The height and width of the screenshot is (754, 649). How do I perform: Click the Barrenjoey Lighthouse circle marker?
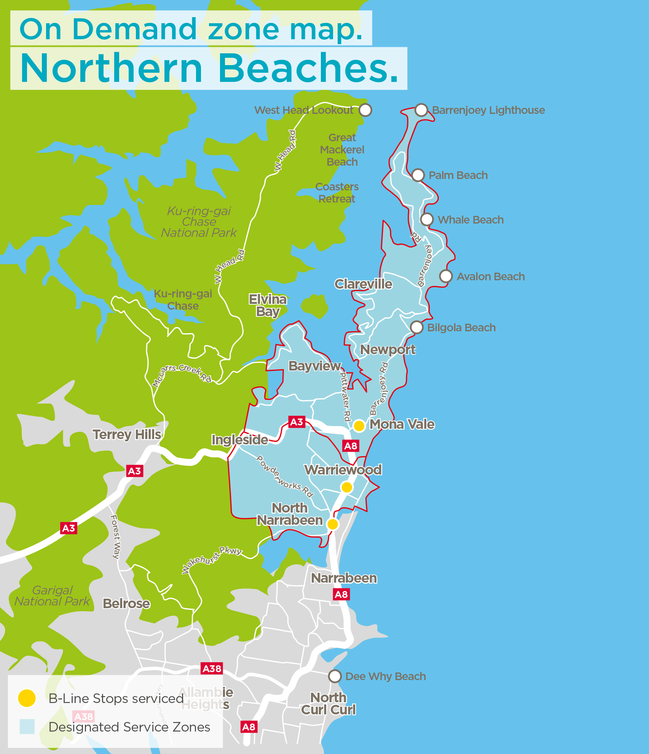click(421, 110)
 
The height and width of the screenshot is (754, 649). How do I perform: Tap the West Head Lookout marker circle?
click(365, 110)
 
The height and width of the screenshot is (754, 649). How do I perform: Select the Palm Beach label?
click(458, 176)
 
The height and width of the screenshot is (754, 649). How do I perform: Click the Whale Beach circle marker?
click(427, 219)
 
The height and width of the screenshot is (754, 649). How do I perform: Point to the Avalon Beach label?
click(490, 277)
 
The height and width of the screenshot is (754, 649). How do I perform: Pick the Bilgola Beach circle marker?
click(416, 327)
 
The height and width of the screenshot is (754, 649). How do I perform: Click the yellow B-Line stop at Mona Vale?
click(359, 426)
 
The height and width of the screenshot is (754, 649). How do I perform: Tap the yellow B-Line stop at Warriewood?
click(346, 487)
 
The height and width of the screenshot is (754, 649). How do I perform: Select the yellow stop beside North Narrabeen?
click(333, 524)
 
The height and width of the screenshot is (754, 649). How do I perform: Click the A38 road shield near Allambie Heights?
click(212, 669)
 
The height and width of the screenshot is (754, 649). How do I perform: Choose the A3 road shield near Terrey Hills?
click(134, 471)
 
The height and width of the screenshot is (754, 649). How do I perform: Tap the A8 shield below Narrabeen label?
click(341, 594)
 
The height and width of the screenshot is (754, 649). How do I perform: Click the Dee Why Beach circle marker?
click(335, 676)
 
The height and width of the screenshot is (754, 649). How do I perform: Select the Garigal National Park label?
click(52, 596)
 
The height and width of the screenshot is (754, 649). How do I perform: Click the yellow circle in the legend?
click(27, 698)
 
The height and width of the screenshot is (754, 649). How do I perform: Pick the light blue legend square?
click(27, 727)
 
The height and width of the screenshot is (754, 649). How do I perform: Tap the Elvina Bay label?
click(268, 305)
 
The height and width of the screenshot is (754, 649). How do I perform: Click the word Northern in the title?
click(111, 69)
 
